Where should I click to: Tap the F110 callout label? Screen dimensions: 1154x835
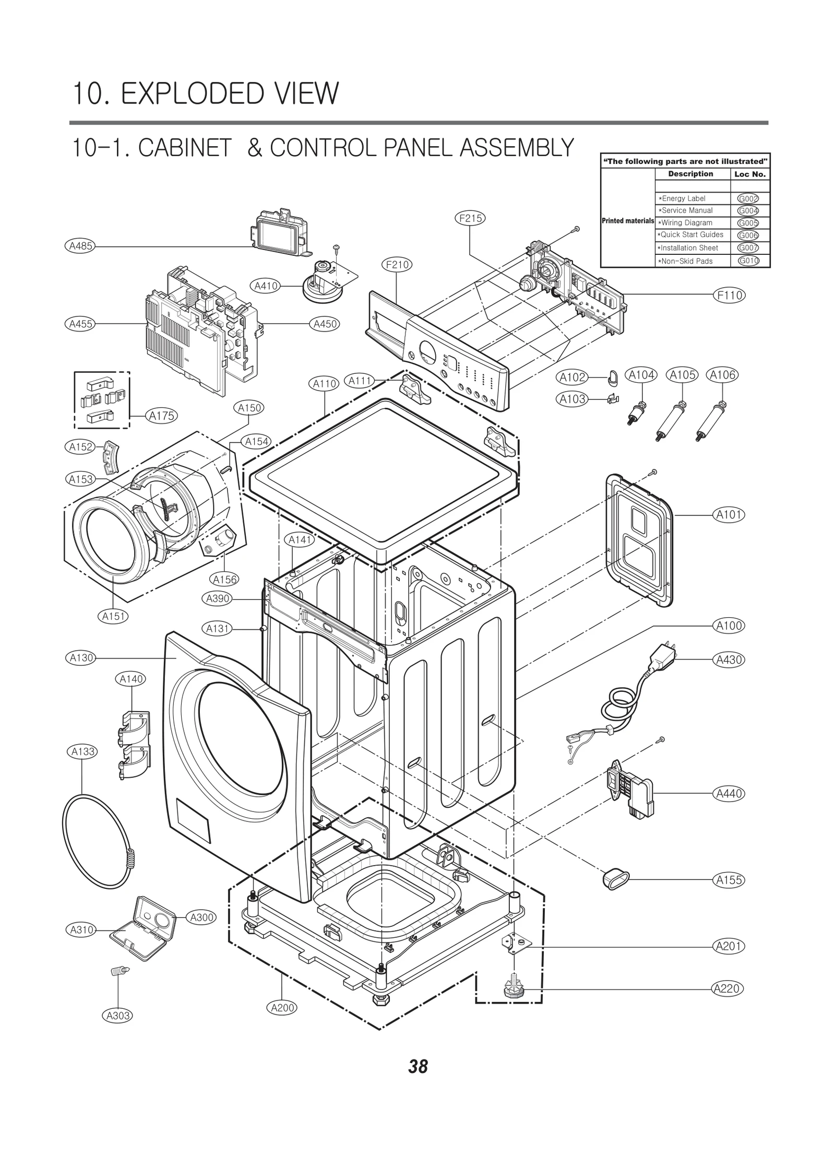click(x=729, y=295)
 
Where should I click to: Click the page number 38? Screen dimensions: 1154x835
click(x=418, y=1066)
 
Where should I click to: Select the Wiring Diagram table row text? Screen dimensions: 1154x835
click(x=686, y=222)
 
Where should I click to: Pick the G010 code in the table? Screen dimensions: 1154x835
click(x=748, y=261)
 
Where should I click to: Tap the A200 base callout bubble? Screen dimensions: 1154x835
click(x=283, y=1007)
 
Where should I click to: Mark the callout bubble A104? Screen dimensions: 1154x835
click(x=641, y=375)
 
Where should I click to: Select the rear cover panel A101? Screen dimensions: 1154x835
click(x=639, y=540)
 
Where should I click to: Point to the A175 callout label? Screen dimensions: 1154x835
click(x=162, y=416)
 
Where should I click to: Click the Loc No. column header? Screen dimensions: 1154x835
click(x=749, y=174)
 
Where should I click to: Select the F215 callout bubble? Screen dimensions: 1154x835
click(x=470, y=218)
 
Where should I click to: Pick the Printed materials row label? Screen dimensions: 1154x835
click(x=627, y=221)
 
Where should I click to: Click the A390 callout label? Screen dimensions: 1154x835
click(x=218, y=598)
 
